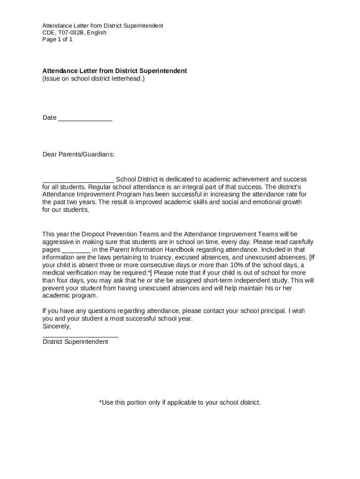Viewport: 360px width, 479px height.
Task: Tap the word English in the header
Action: click(96, 33)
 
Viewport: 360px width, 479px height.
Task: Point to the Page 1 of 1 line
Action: click(58, 40)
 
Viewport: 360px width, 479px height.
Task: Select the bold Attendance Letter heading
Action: click(115, 71)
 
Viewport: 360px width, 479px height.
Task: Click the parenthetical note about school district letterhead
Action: click(94, 79)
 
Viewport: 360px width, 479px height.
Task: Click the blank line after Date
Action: click(85, 118)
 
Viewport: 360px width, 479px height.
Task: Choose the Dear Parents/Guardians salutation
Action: click(78, 154)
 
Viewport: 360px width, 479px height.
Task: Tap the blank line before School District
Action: click(78, 180)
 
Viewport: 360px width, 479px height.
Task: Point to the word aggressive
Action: click(58, 242)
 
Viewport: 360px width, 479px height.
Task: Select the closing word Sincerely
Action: click(57, 326)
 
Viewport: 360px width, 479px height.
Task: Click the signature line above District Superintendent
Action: click(80, 335)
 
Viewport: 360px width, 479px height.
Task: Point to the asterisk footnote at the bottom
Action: click(180, 402)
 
